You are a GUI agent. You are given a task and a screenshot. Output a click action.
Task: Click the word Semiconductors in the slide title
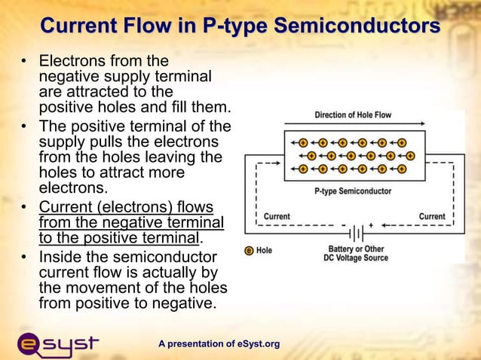pyautogui.click(x=357, y=26)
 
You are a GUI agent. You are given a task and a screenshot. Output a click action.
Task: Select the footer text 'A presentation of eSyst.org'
pyautogui.click(x=219, y=344)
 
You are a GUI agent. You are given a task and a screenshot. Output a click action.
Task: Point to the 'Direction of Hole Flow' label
pyautogui.click(x=353, y=115)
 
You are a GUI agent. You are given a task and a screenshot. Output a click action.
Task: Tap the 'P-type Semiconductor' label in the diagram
pyautogui.click(x=353, y=191)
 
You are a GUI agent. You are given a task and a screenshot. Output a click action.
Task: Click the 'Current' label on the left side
pyautogui.click(x=277, y=216)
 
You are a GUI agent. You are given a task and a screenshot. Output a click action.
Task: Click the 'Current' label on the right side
pyautogui.click(x=432, y=216)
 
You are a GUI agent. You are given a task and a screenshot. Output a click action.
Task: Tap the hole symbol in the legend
pyautogui.click(x=249, y=250)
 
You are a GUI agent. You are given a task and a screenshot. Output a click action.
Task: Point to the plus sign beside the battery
pyautogui.click(x=370, y=224)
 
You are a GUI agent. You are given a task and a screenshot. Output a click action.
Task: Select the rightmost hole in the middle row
pyautogui.click(x=411, y=156)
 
